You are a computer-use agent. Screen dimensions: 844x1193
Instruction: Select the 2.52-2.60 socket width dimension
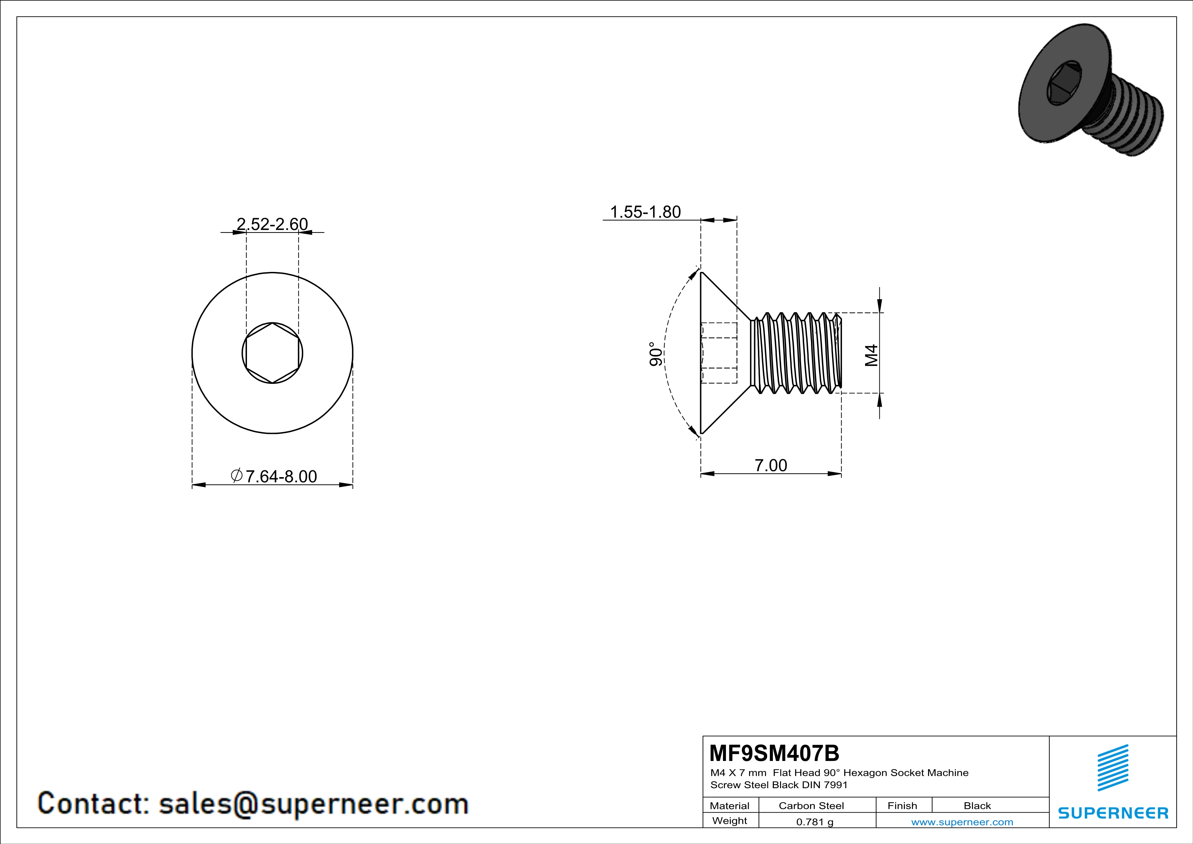[x=272, y=224]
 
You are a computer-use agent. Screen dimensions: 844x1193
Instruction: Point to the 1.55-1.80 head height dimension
[x=645, y=212]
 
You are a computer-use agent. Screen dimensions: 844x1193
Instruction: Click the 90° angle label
[x=656, y=354]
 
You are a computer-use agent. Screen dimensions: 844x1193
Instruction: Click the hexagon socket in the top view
[x=272, y=353]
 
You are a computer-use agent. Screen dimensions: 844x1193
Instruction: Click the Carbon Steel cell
[x=811, y=806]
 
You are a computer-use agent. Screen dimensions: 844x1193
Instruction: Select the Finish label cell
[x=902, y=806]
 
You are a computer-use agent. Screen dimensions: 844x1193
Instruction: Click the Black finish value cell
[x=977, y=806]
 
